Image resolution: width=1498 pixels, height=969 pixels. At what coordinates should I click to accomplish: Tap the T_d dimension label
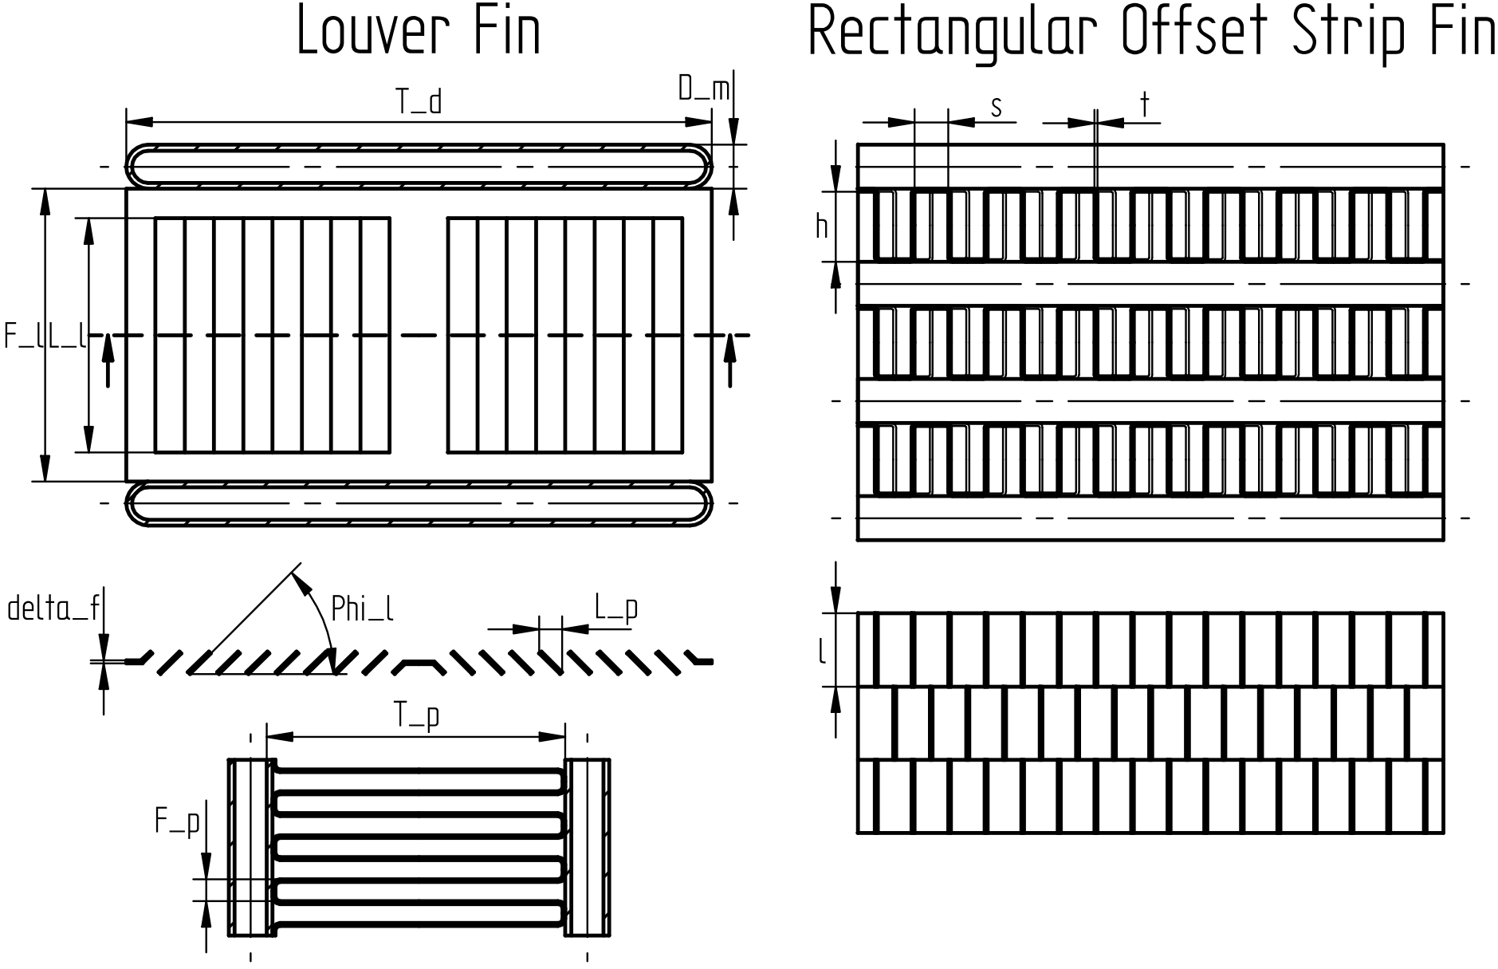coord(419,102)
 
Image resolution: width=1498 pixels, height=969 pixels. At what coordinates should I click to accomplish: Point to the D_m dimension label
coord(704,89)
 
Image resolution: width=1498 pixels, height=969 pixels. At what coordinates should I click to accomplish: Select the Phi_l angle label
coord(362,609)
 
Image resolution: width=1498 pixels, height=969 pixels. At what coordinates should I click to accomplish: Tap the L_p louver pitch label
coord(616,609)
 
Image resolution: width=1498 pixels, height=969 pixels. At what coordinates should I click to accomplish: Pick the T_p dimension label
coord(417,716)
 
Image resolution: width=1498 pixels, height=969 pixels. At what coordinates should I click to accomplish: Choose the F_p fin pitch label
coord(177,821)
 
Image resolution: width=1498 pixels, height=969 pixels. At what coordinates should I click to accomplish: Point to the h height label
coord(821,227)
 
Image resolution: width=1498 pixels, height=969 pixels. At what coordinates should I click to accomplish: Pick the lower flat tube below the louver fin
coord(419,503)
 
